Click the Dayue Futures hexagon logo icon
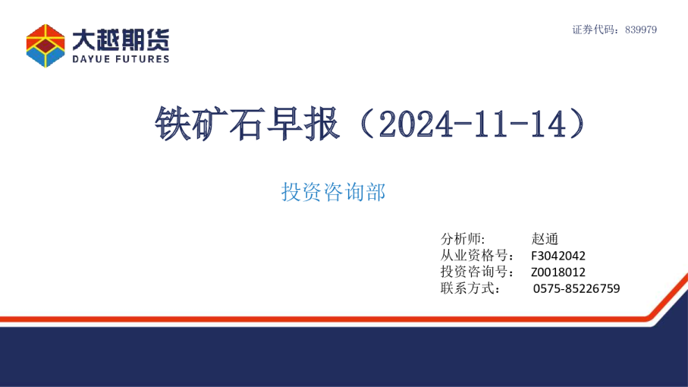click(x=46, y=45)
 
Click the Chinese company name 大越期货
click(x=121, y=38)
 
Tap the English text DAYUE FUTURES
click(x=121, y=58)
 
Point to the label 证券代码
click(x=595, y=30)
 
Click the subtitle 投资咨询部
click(x=334, y=192)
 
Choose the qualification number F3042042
click(x=558, y=256)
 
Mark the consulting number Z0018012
click(x=558, y=272)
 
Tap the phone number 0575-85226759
click(x=576, y=289)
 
